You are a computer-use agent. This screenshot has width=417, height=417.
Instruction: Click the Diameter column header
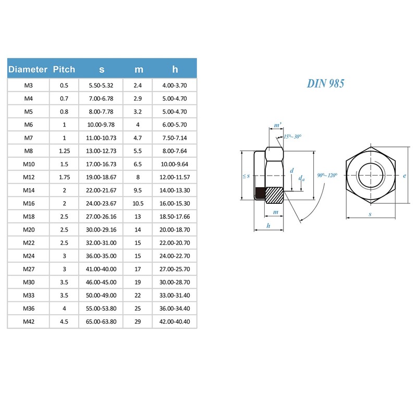point(28,69)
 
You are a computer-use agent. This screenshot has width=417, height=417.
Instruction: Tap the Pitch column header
point(64,69)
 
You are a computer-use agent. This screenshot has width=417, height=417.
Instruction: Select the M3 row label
point(28,85)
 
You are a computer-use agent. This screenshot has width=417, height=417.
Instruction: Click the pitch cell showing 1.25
point(64,151)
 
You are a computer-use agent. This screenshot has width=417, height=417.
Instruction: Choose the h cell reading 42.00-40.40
point(175,322)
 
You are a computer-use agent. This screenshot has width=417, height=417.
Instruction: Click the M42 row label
point(28,322)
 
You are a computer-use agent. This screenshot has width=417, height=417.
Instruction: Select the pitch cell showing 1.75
point(64,177)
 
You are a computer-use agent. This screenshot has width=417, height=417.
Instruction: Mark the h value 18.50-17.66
point(175,216)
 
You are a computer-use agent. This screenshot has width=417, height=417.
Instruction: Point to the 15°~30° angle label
point(292,137)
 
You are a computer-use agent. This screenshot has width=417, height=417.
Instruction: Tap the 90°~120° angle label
point(327,176)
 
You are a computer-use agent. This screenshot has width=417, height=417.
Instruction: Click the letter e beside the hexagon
point(404,176)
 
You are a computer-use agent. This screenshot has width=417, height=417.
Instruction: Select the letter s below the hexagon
point(370,214)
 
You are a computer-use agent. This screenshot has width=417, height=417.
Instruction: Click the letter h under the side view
point(268,225)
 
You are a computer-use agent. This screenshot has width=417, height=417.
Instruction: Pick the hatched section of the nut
point(274,195)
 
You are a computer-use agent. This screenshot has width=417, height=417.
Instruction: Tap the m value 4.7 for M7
point(138,138)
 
